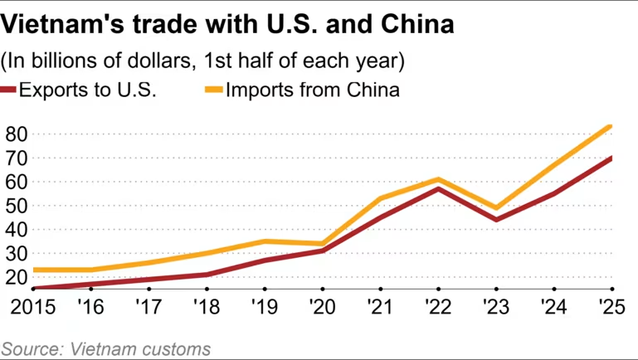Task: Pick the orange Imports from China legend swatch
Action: pos(213,90)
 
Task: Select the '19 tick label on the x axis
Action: pos(263,306)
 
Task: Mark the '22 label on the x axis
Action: pos(437,306)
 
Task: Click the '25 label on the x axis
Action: pos(611,306)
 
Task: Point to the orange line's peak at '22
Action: pos(437,179)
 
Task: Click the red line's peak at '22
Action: pos(437,189)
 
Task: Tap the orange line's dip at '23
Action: pos(495,207)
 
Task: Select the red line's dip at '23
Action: pos(495,220)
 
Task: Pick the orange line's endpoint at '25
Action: pos(611,126)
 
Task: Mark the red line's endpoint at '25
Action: pos(611,158)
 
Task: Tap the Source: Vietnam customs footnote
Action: pos(105,348)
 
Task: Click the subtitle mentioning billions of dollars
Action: pos(202,61)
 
